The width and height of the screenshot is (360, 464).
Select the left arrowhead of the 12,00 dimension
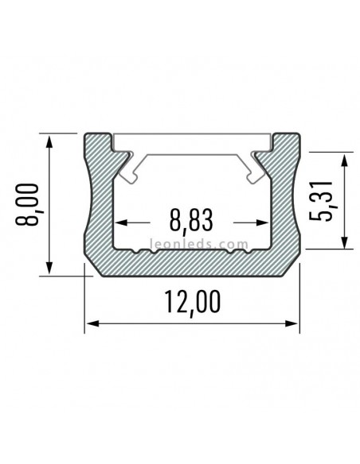pos(91,323)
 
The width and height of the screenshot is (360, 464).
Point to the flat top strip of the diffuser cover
pos(191,141)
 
